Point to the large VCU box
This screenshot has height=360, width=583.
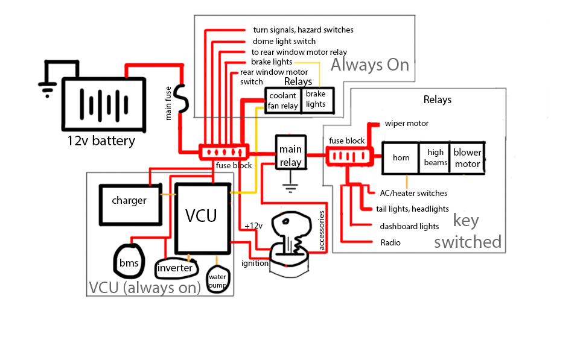202,218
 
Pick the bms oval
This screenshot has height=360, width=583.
129,262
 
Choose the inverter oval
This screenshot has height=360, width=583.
175,267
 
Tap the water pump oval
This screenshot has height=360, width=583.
217,280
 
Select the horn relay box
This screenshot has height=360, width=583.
401,158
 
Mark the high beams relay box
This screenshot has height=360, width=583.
435,158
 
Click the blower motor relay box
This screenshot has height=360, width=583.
467,158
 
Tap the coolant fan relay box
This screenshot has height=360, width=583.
283,101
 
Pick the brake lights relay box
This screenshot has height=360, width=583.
315,99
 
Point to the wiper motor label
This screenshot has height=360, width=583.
406,124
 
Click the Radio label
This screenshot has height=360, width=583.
390,243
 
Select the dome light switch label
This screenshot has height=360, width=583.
284,42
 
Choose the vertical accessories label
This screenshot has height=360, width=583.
322,230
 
